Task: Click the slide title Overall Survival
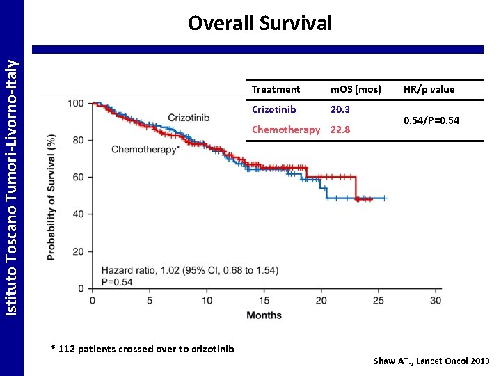(x=260, y=23)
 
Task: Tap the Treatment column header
(x=276, y=89)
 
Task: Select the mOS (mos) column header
(x=356, y=89)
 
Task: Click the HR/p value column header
(x=429, y=89)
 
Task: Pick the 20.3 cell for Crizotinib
(x=340, y=109)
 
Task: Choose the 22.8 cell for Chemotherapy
(x=340, y=130)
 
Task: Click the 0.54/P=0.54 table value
(x=431, y=120)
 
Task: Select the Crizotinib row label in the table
(x=274, y=109)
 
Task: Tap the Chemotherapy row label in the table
(x=286, y=130)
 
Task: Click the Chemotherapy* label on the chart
(x=145, y=149)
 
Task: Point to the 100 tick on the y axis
(x=77, y=104)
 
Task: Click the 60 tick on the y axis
(x=79, y=178)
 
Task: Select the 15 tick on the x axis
(x=264, y=300)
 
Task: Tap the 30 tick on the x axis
(x=436, y=300)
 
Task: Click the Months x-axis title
(x=264, y=315)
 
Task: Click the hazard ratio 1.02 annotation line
(x=190, y=270)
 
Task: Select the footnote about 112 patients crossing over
(x=143, y=349)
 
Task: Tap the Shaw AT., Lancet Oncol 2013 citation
(x=431, y=361)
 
